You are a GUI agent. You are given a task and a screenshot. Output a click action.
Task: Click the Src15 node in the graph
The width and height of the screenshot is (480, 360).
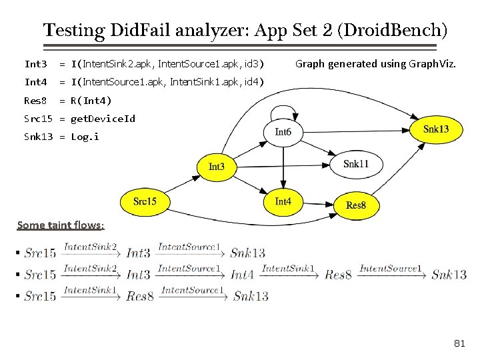(145, 201)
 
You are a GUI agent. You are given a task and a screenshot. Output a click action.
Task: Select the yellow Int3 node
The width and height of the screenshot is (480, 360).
(216, 167)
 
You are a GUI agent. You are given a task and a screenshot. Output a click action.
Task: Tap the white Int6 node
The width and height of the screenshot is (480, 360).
(283, 132)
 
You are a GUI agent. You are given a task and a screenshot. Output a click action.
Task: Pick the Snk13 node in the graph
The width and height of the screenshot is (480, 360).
(436, 129)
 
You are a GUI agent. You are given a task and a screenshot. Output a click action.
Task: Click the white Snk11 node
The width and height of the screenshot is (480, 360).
(355, 164)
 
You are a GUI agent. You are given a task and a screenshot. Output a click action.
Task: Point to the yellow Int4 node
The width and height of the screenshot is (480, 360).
(283, 201)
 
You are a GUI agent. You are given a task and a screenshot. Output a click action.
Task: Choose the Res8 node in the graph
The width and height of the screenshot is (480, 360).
(355, 205)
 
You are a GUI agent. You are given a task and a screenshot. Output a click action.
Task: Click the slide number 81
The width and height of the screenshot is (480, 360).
(459, 343)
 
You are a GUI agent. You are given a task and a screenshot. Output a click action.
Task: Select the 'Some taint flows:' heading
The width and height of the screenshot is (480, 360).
(60, 225)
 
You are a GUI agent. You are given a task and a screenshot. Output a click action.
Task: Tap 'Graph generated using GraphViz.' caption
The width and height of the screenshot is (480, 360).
(376, 64)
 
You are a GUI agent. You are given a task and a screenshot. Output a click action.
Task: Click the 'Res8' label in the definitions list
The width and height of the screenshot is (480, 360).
(35, 101)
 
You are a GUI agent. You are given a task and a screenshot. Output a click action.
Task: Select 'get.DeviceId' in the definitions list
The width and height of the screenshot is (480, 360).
(103, 119)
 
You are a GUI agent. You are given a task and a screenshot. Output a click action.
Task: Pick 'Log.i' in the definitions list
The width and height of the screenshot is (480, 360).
(85, 137)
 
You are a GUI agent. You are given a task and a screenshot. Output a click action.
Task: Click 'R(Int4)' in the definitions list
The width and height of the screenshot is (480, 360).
(91, 101)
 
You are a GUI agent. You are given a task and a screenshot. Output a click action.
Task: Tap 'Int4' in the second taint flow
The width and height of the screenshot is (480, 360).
(242, 274)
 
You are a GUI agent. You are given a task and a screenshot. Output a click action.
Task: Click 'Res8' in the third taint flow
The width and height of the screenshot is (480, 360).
(140, 296)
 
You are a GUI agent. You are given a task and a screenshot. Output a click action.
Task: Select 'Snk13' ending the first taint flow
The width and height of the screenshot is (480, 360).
(247, 253)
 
